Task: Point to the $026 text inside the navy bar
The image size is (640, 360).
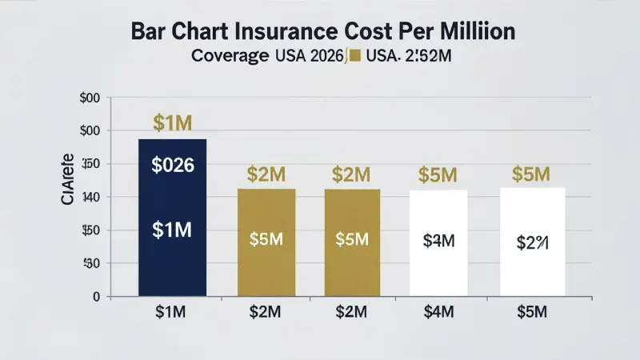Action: pos(173,166)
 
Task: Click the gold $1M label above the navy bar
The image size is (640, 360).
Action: pos(173,123)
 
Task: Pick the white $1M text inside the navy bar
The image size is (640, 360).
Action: pos(173,230)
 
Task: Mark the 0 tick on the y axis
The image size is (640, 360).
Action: pos(95,297)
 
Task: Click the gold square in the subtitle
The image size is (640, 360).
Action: pos(355,57)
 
